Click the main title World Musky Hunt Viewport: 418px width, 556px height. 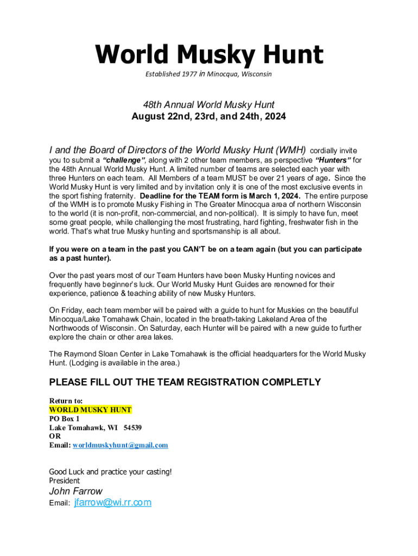209,55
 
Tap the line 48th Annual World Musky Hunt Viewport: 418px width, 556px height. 208,105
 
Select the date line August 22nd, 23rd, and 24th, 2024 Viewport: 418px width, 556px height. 208,116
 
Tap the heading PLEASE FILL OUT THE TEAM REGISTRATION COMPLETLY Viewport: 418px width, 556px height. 185,382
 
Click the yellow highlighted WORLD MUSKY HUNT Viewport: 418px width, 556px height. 90,410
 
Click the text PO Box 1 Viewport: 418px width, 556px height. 65,419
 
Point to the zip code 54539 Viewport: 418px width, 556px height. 132,427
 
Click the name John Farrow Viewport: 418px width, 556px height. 75,491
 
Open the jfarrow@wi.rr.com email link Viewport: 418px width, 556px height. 112,503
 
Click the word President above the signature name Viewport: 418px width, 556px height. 64,481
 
